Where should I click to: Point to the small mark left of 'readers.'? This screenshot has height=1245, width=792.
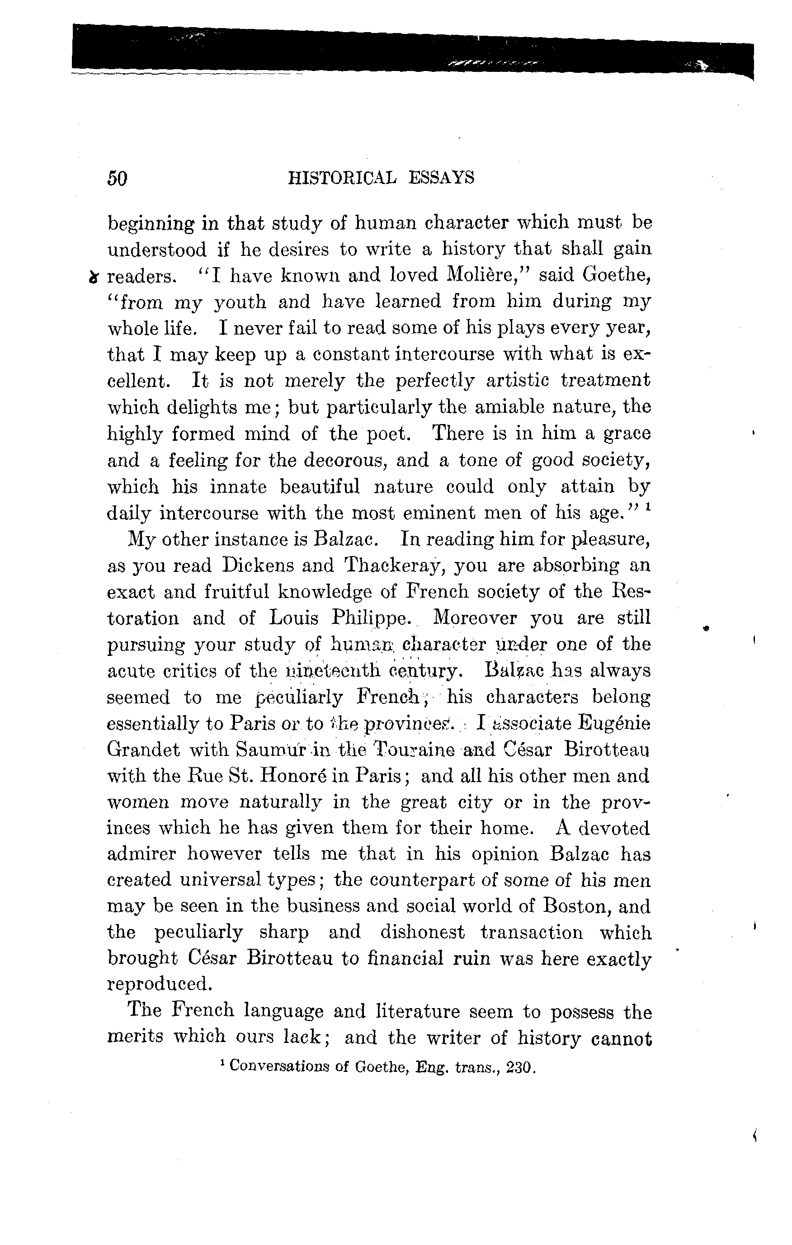coord(94,278)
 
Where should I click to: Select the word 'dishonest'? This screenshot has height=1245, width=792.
coord(422,933)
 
